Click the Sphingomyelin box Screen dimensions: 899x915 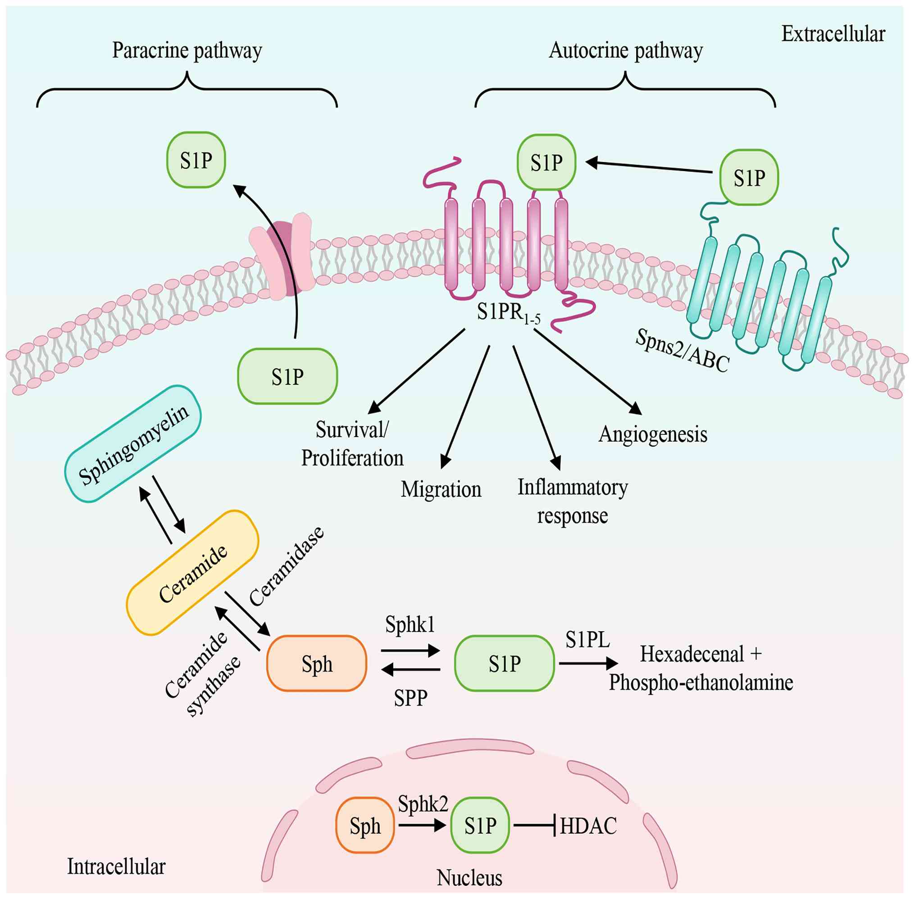point(133,443)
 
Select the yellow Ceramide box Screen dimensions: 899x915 point(192,572)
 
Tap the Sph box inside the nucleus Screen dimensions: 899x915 point(365,825)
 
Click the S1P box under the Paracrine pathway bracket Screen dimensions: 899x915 point(196,160)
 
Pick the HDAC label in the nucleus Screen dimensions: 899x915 point(588,826)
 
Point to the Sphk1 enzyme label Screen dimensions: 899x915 point(410,624)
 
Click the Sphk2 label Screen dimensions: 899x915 point(423,804)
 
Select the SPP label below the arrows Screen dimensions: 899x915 point(410,698)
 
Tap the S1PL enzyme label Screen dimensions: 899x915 point(587,640)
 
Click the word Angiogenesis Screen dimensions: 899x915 point(653,434)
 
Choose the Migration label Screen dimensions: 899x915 point(441,489)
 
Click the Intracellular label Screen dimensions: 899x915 point(116,867)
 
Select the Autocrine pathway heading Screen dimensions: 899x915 point(626,50)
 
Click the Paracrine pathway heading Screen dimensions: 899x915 point(187,50)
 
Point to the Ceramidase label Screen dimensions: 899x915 point(287,566)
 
